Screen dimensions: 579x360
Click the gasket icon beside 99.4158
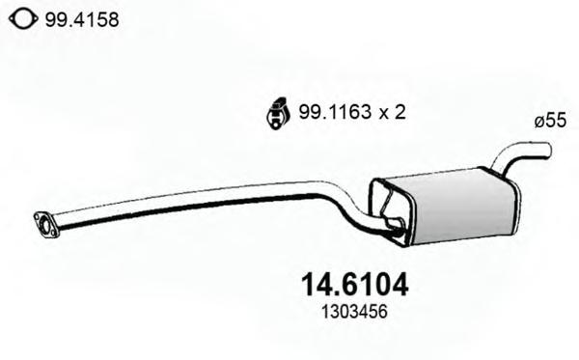pos(23,19)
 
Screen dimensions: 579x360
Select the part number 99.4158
pos(82,19)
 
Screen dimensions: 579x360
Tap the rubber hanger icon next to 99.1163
pos(276,113)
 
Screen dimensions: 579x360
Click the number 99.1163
pos(335,112)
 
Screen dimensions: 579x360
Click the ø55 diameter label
pos(550,121)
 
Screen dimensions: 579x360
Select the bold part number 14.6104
pos(355,285)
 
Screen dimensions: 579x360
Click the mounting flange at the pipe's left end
pos(46,225)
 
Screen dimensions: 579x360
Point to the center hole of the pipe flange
pos(45,225)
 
